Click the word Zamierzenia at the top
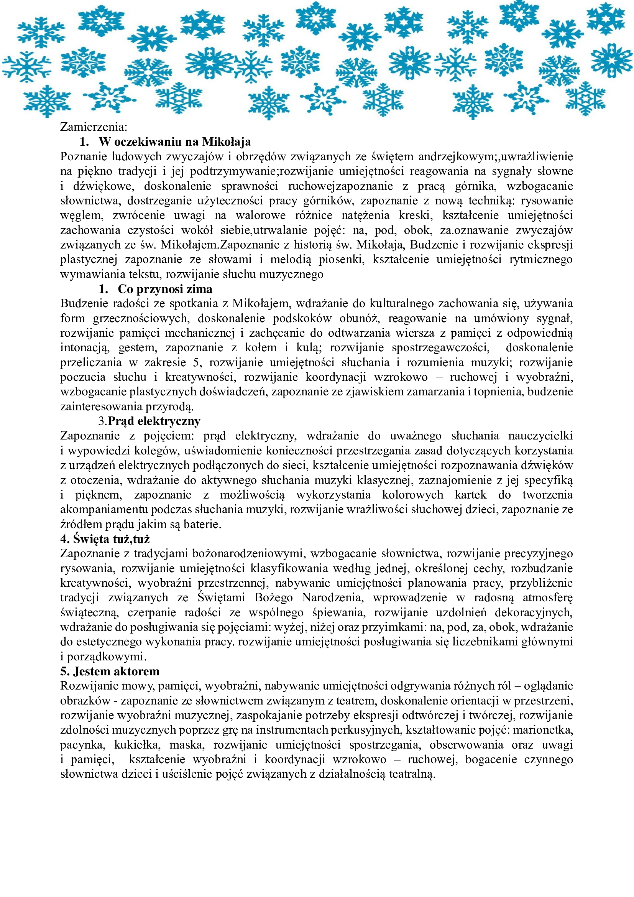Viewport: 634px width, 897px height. point(93,127)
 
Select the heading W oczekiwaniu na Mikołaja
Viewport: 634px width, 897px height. point(174,142)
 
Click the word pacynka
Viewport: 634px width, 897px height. point(82,745)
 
